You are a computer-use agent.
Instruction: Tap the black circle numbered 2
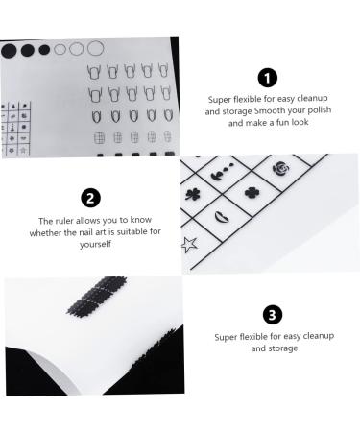(x=90, y=199)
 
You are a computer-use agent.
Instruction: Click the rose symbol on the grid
(x=281, y=169)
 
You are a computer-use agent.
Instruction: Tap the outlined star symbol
(x=188, y=244)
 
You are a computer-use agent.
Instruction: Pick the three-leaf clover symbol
(x=191, y=195)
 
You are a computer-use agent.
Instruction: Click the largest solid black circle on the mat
(x=9, y=48)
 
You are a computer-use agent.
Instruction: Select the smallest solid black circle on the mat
(x=44, y=49)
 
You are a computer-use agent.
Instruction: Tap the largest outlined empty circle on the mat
(x=95, y=47)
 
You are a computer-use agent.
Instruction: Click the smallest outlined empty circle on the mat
(x=60, y=49)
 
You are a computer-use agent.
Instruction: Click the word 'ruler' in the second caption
(x=70, y=220)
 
